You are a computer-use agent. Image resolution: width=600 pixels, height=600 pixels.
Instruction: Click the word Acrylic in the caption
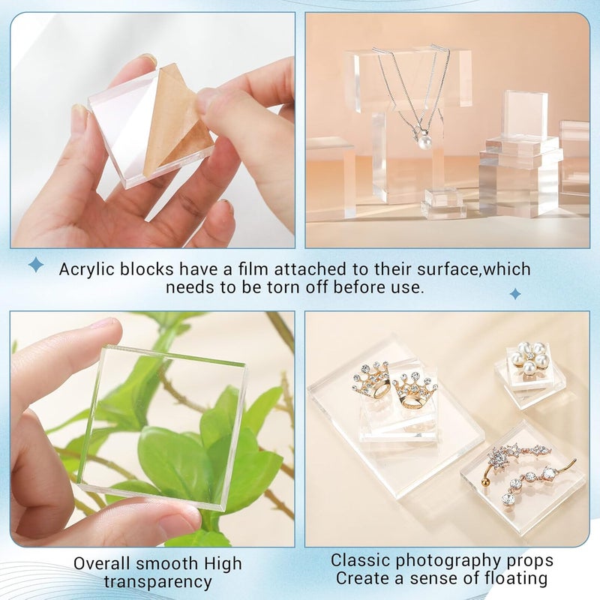pos(85,269)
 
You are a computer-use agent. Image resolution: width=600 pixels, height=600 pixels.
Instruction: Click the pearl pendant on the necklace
pos(425,140)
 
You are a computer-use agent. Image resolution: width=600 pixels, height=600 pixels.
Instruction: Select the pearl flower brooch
pos(529,360)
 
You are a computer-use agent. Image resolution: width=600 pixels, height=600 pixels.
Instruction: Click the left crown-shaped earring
pos(372,381)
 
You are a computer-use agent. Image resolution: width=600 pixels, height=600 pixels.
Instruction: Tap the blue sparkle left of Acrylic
pos(35,264)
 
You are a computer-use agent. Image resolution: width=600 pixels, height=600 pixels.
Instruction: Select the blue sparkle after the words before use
pos(515,293)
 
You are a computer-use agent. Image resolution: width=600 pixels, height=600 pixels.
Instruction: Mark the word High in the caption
pos(225,563)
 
